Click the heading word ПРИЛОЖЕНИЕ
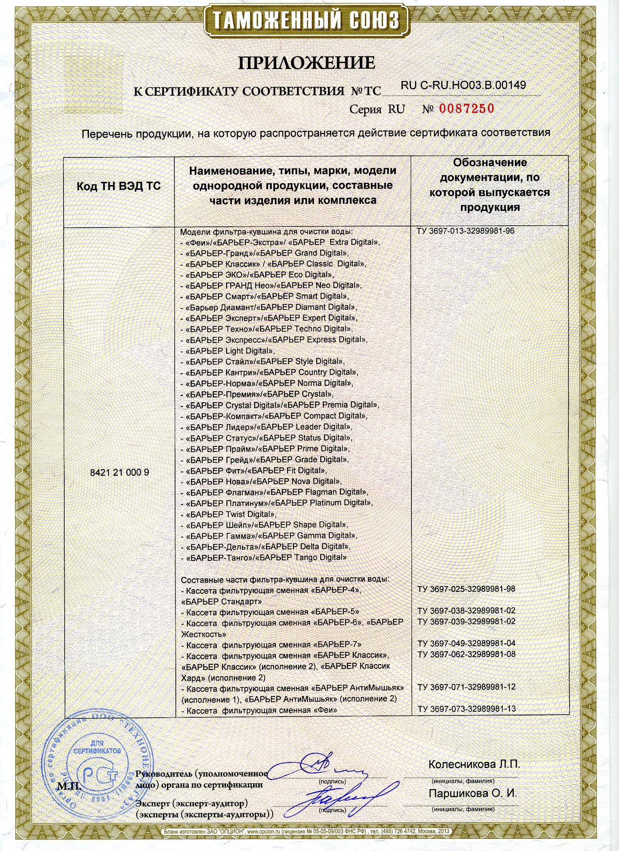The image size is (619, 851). coord(307,63)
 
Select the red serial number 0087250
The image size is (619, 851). coord(466,109)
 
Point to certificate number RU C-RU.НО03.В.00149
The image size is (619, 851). coord(463,85)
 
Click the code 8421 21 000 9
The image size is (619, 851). coord(119,472)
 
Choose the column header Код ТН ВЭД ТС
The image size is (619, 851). coord(119,187)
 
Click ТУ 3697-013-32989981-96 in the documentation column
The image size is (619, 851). coord(465,231)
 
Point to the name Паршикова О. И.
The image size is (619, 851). coord(473,794)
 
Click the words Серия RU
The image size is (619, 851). coord(377,109)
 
